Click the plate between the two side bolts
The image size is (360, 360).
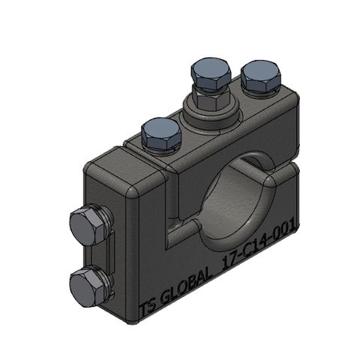point(109,255)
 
